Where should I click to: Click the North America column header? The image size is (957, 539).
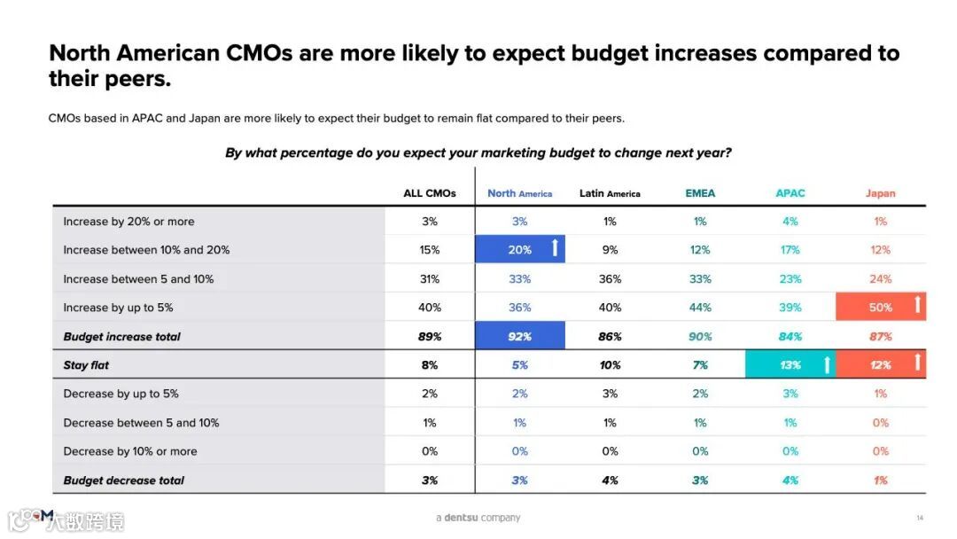click(519, 193)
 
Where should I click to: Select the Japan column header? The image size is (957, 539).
click(880, 193)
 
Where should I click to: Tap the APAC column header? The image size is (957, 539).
click(790, 193)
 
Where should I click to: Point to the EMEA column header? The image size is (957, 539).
click(700, 193)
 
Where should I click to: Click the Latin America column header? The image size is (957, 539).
click(610, 193)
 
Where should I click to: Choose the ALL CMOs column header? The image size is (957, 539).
click(430, 193)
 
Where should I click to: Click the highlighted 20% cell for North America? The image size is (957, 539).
click(520, 250)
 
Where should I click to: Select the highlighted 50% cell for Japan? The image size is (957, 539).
click(880, 308)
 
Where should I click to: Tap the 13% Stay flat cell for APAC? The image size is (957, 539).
click(790, 365)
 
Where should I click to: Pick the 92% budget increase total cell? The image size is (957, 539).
click(520, 337)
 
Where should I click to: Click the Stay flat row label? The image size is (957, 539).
click(86, 365)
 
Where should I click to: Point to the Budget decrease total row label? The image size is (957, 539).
click(124, 480)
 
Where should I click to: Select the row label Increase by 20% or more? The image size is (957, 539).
click(128, 222)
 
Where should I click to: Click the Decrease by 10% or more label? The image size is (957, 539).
click(130, 451)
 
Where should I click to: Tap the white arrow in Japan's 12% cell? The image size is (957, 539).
click(917, 363)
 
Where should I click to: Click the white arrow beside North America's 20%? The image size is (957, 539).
click(555, 248)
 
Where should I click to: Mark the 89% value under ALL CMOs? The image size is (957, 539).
click(430, 337)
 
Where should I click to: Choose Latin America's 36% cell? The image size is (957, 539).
click(610, 279)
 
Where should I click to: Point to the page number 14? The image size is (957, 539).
click(919, 518)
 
